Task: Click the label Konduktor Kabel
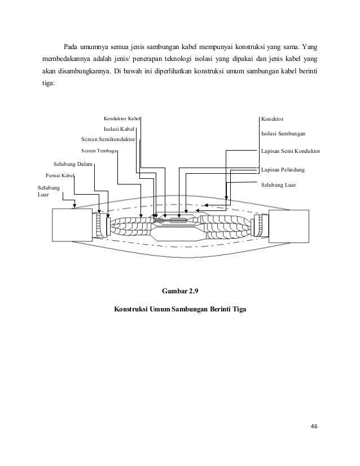(x=122, y=119)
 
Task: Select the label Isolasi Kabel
(x=119, y=129)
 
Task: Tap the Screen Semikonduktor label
(x=108, y=139)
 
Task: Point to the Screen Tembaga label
(x=99, y=151)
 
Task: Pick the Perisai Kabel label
(x=60, y=175)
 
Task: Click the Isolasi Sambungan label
(x=283, y=134)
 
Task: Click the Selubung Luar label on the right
(x=279, y=184)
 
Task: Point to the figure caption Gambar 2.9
(x=181, y=292)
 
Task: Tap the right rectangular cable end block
(x=288, y=226)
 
